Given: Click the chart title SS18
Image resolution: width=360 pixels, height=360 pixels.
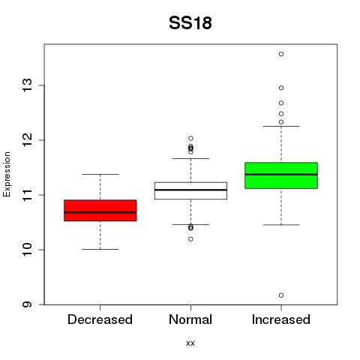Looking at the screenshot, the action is point(190,23).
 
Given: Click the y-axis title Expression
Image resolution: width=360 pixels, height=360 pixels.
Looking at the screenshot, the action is point(7,174).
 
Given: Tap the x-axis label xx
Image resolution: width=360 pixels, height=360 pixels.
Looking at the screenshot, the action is point(190,343).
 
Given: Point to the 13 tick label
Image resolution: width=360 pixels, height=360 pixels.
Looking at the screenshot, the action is point(28,85).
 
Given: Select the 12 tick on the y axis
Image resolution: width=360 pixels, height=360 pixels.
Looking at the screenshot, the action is point(28,140).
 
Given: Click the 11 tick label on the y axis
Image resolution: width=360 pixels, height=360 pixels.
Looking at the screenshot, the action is point(28,195).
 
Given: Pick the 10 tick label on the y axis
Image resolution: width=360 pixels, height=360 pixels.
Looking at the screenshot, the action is point(28,250).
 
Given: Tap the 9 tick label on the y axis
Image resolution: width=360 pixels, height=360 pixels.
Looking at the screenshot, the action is point(28,304).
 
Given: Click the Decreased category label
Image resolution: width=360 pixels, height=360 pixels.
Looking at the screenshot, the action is point(100,319).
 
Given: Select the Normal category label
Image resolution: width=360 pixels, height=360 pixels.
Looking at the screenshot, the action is point(190,319).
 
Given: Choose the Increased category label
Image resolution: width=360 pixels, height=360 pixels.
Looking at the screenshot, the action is point(281,319).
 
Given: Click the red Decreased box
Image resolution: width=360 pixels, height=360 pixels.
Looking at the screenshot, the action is point(100,211).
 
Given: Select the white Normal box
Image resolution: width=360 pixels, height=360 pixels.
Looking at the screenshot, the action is point(190,190).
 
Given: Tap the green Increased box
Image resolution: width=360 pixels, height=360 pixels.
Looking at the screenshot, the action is point(281,175).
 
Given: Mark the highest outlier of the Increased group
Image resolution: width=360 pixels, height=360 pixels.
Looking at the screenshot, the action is point(281,54).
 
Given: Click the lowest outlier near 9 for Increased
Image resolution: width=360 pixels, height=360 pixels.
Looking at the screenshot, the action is point(281,295).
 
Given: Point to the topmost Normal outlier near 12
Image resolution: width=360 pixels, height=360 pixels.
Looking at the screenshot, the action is point(190,138).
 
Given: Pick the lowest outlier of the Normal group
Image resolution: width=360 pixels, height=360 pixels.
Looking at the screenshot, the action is point(190,239).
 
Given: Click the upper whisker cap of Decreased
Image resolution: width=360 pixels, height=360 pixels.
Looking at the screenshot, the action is point(100,174).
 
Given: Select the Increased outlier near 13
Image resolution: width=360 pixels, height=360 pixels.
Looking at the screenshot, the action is point(281,88).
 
